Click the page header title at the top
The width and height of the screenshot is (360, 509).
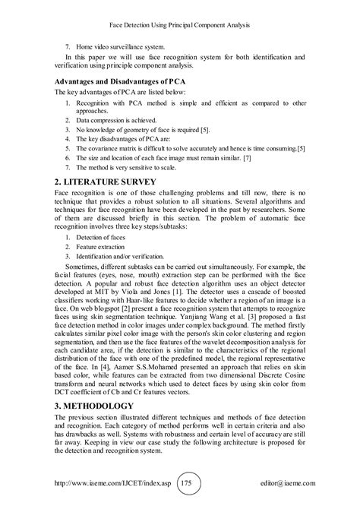180,25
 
